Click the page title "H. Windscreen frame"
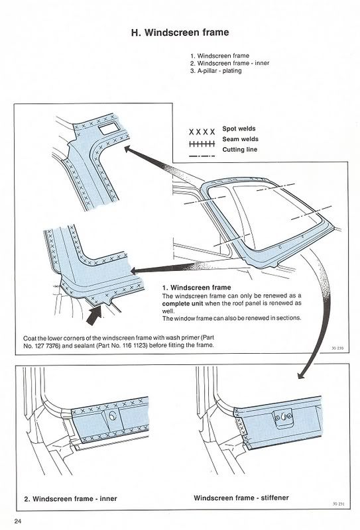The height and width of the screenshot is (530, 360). [180, 32]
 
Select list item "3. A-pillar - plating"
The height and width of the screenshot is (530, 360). [216, 71]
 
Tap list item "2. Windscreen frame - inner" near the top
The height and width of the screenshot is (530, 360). [230, 63]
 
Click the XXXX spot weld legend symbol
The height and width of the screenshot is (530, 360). [202, 131]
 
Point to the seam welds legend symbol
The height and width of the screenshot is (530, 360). [202, 144]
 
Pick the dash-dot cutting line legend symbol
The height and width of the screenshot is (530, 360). [202, 156]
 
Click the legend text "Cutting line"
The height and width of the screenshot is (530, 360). [239, 150]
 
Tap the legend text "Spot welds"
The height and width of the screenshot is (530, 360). [239, 129]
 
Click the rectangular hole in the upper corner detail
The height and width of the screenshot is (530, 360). [108, 128]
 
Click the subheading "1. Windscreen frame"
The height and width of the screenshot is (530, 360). [197, 288]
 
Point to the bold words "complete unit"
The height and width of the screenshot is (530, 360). [183, 303]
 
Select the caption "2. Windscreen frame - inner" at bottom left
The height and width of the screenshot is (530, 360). [70, 499]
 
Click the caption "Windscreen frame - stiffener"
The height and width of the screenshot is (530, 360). [241, 498]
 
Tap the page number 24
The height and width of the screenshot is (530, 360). [18, 521]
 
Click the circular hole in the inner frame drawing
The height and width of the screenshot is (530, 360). [113, 416]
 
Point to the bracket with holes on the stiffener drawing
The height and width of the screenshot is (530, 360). [284, 418]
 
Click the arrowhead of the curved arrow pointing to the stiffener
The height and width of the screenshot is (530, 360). [300, 374]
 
